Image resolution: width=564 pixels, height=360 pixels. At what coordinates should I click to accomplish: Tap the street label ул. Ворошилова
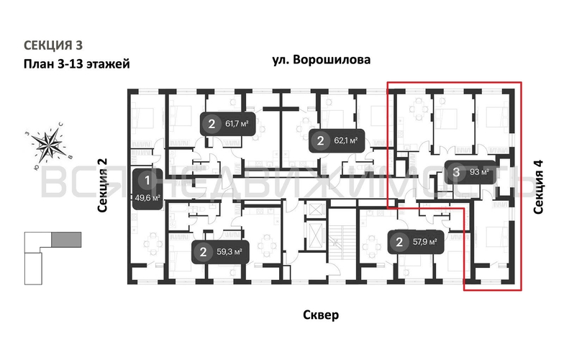coord(322,60)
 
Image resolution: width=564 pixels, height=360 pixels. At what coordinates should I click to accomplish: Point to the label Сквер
coord(322,315)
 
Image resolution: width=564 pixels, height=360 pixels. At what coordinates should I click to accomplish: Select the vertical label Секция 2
coord(102,185)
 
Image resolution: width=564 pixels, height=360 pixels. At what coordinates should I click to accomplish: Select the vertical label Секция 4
coord(539,186)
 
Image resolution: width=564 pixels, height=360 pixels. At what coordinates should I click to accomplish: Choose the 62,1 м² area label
coord(345,140)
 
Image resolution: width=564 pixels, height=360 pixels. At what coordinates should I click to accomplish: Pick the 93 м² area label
coord(479,172)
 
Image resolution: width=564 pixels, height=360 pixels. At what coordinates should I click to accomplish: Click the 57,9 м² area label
coord(423,242)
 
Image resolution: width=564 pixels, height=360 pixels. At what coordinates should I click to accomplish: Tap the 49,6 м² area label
coord(147,197)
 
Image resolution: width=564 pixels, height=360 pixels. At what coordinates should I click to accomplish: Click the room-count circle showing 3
coord(457,172)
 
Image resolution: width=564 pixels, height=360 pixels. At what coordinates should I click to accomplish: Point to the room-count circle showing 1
coord(147,180)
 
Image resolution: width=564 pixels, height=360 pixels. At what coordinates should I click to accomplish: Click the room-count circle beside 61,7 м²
coord(211,125)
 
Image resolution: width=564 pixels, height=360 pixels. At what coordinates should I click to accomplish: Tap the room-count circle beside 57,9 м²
coord(399,242)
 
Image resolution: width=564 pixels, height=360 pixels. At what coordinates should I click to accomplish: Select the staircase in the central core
coord(342,245)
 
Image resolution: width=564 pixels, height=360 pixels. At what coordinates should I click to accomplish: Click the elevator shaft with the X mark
coord(315,214)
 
